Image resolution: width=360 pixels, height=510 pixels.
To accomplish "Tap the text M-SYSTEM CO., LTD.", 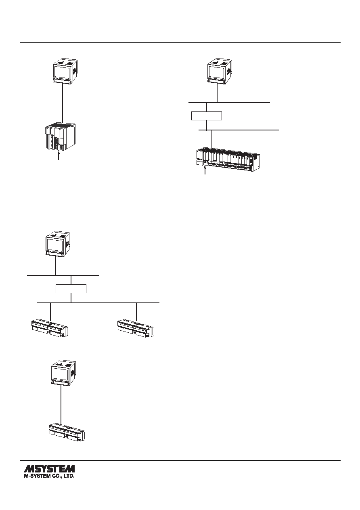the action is (x=49, y=476).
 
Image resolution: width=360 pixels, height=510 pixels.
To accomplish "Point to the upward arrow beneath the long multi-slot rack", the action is (x=205, y=170).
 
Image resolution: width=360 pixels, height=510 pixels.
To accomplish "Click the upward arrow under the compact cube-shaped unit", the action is (x=59, y=156).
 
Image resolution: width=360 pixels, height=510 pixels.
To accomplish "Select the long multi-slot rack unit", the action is (x=228, y=160).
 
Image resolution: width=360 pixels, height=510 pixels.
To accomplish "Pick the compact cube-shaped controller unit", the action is (x=60, y=137).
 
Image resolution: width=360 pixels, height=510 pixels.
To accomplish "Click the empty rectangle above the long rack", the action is (x=207, y=116).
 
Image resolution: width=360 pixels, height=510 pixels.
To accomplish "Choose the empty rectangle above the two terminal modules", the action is (x=71, y=289).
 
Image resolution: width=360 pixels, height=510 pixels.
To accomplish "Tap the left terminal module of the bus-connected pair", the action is (x=49, y=328).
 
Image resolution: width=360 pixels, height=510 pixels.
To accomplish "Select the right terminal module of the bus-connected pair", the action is (x=135, y=328).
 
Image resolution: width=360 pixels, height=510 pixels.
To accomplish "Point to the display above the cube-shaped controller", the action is (x=65, y=72).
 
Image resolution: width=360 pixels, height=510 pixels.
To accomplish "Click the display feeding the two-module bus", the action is (x=58, y=245).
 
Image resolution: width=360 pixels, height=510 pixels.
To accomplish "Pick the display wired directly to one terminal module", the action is (x=64, y=373).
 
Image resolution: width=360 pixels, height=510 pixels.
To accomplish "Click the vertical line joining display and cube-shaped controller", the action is (x=62, y=104).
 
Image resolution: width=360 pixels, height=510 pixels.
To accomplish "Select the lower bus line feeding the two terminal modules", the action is (x=98, y=303).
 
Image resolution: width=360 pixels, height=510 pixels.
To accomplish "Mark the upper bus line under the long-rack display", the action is (x=229, y=103).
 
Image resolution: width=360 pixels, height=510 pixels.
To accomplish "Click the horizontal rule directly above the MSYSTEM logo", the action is (x=180, y=461).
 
